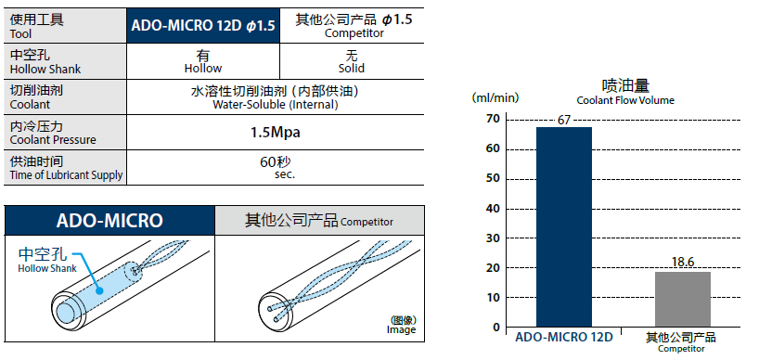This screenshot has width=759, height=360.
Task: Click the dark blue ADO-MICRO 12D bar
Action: (564, 227)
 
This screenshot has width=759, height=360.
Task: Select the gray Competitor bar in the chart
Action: (683, 299)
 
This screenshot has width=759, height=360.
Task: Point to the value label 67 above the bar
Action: (564, 120)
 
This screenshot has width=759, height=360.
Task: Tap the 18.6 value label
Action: (683, 263)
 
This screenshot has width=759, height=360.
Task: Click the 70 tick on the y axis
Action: (492, 119)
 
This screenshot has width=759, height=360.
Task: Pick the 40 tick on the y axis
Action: (492, 209)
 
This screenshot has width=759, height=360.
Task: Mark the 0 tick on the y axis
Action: (495, 328)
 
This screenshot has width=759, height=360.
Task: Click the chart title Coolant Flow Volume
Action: (625, 100)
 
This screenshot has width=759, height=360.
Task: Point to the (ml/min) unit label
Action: (495, 97)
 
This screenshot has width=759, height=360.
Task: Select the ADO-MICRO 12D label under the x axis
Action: (564, 337)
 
